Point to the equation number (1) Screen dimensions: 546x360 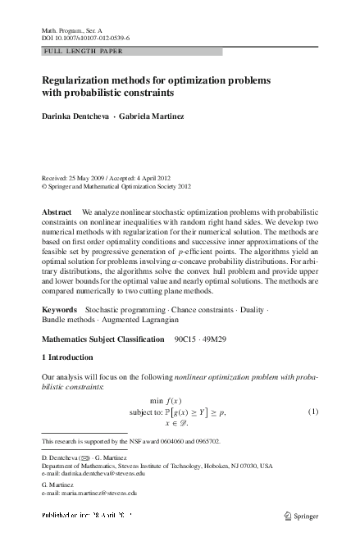point(312,411)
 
